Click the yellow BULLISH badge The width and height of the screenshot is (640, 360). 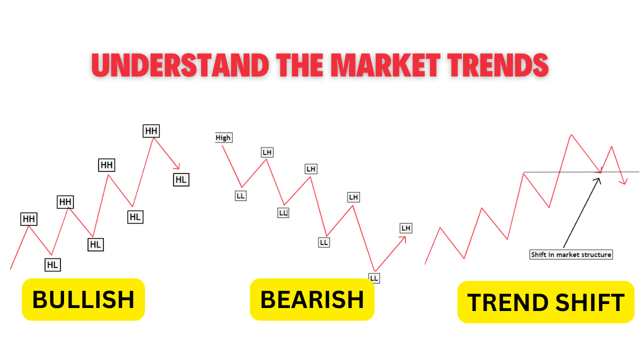click(x=83, y=299)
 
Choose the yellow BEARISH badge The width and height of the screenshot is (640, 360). click(x=312, y=299)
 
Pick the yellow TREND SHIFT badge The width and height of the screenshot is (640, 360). click(x=545, y=302)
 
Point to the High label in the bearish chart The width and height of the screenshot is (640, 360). click(x=223, y=137)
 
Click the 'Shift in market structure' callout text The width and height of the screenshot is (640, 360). click(x=570, y=254)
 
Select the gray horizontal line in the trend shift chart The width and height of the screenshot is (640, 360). click(x=550, y=172)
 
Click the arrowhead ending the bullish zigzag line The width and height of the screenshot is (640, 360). click(x=177, y=167)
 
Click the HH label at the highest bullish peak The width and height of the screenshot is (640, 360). click(x=151, y=131)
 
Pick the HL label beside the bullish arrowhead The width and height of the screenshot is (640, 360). click(x=181, y=179)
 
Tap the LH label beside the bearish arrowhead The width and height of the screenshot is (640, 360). click(x=405, y=228)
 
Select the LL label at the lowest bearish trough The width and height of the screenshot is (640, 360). click(x=374, y=278)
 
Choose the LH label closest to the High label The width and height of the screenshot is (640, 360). click(x=267, y=152)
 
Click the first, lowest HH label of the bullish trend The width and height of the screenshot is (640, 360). click(x=28, y=218)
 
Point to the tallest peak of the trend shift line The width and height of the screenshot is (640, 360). click(x=571, y=134)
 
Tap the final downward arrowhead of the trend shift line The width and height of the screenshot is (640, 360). click(x=623, y=182)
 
